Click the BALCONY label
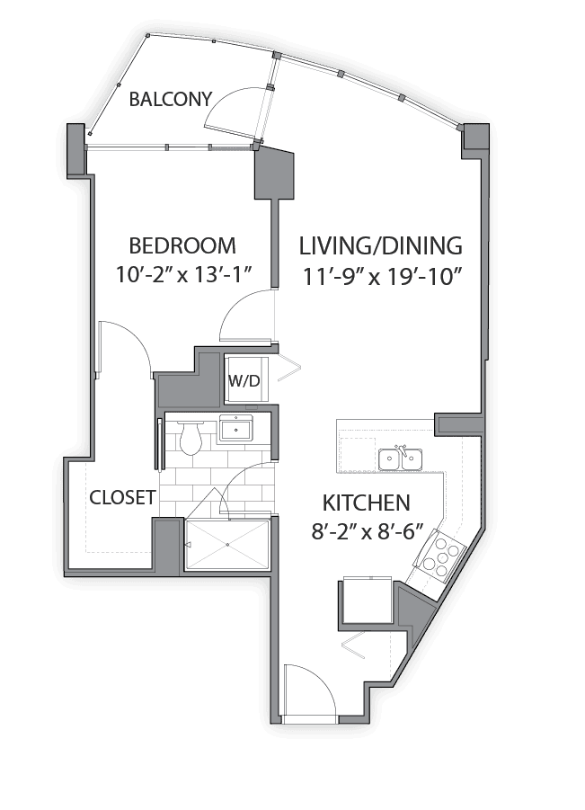click(x=171, y=99)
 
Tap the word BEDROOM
click(x=182, y=245)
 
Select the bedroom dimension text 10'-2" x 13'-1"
click(x=183, y=275)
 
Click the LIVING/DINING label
click(x=380, y=246)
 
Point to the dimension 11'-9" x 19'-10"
click(x=381, y=278)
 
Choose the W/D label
click(x=244, y=381)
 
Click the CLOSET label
click(x=122, y=497)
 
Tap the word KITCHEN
click(x=366, y=503)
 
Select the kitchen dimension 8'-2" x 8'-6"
click(x=368, y=531)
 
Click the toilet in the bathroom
click(x=190, y=438)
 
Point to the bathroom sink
click(x=236, y=429)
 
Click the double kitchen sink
click(x=401, y=458)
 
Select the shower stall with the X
click(x=227, y=545)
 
